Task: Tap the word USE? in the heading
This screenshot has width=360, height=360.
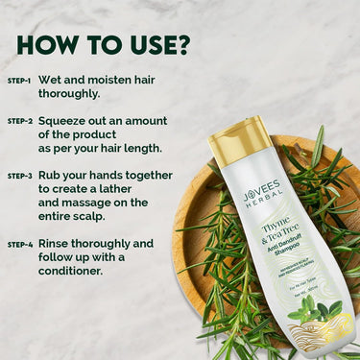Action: coord(155,45)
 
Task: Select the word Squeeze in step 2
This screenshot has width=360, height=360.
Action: coord(68,121)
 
